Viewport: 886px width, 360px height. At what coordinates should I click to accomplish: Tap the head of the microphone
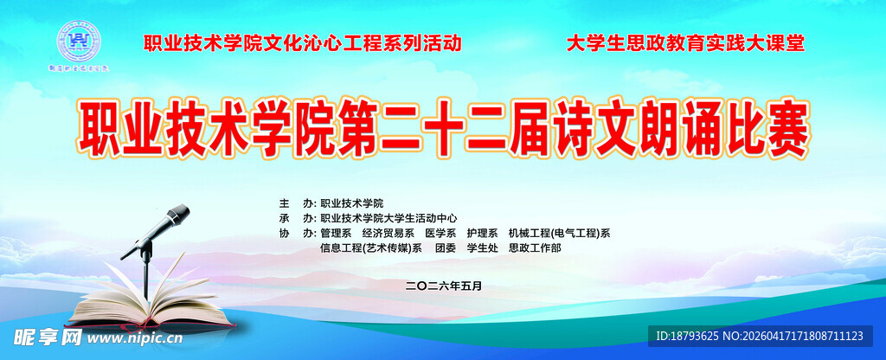pyautogui.click(x=177, y=215)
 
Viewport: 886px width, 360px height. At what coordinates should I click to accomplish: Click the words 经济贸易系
pyautogui.click(x=388, y=233)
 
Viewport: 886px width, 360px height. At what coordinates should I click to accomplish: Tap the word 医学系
pyautogui.click(x=440, y=233)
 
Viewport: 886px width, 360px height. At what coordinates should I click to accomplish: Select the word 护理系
pyautogui.click(x=482, y=233)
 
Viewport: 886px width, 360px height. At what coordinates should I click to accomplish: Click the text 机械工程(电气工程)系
pyautogui.click(x=560, y=233)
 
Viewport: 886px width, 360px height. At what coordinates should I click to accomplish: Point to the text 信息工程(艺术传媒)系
pyautogui.click(x=370, y=248)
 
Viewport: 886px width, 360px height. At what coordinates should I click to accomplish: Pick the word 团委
pyautogui.click(x=445, y=248)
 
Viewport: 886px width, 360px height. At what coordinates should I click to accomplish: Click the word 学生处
pyautogui.click(x=482, y=248)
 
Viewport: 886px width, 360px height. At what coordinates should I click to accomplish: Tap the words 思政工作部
pyautogui.click(x=535, y=248)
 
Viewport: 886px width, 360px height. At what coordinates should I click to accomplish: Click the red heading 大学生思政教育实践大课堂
pyautogui.click(x=685, y=43)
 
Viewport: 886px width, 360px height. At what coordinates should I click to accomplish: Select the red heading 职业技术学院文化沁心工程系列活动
pyautogui.click(x=302, y=43)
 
